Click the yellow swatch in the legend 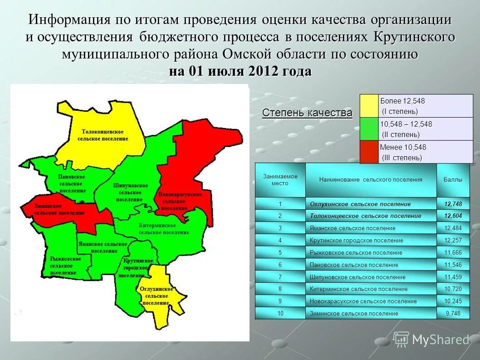pyautogui.click(x=369, y=106)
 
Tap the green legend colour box pyautogui.click(x=369, y=129)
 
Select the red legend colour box pyautogui.click(x=369, y=152)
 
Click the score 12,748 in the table pyautogui.click(x=453, y=204)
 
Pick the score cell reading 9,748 pyautogui.click(x=453, y=313)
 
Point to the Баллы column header pyautogui.click(x=453, y=180)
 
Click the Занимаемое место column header pyautogui.click(x=280, y=180)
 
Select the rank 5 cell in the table pyautogui.click(x=280, y=252)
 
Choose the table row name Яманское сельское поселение pyautogui.click(x=353, y=228)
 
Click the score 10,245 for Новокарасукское pyautogui.click(x=453, y=301)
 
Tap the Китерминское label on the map pyautogui.click(x=163, y=229)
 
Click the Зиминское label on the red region pyautogui.click(x=59, y=209)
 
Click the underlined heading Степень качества pyautogui.click(x=307, y=113)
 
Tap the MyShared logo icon pyautogui.click(x=401, y=339)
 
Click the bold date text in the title pyautogui.click(x=240, y=72)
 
